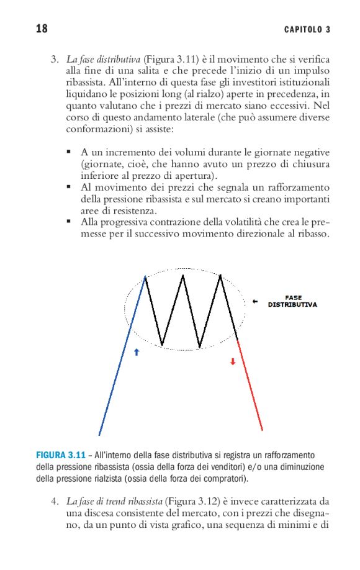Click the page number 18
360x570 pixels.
42,29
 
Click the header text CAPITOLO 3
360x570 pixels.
307,30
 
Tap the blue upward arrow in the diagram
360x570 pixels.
137,351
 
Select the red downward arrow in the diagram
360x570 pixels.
233,361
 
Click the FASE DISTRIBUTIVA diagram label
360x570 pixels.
292,302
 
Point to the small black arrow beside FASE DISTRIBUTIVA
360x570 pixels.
255,302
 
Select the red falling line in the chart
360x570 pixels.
250,385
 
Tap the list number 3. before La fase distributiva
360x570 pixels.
55,60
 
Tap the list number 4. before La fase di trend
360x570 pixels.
55,501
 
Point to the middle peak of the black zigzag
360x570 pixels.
183,275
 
